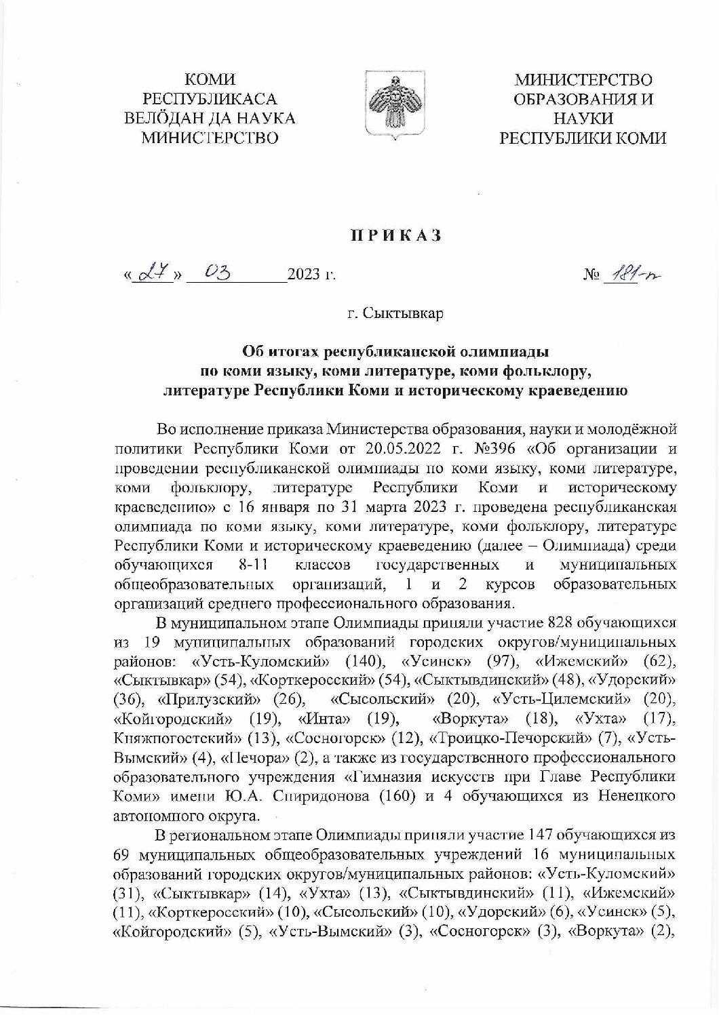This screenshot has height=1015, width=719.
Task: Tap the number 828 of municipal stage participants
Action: pyautogui.click(x=558, y=620)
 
